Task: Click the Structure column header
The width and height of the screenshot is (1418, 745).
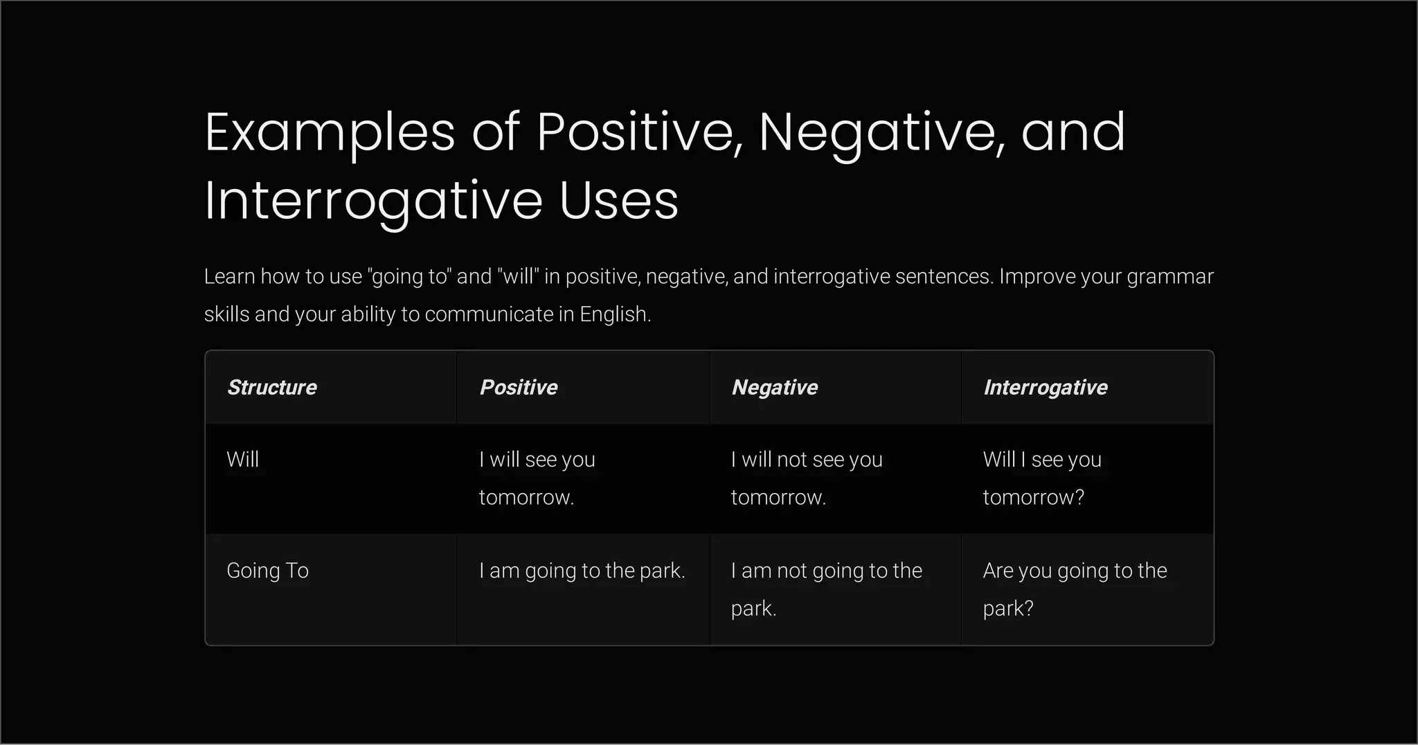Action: tap(272, 387)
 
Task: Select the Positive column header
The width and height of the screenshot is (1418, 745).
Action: tap(519, 387)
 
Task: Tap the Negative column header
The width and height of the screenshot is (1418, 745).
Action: tap(775, 387)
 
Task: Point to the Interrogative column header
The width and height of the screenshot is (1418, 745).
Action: tap(1045, 387)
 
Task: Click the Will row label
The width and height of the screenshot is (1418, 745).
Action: tap(243, 460)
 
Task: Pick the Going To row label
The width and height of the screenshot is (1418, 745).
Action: tap(268, 571)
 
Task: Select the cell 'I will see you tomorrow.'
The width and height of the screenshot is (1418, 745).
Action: tap(537, 478)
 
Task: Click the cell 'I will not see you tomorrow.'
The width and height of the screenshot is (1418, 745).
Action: tap(807, 478)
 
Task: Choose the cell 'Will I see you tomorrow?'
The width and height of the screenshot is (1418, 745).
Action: tap(1042, 478)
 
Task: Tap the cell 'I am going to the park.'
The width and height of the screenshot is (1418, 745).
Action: tap(582, 571)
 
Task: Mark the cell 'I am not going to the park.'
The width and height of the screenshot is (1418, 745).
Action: tap(827, 589)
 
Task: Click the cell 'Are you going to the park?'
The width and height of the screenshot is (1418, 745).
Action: tap(1075, 589)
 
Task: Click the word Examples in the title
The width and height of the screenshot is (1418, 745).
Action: tap(330, 132)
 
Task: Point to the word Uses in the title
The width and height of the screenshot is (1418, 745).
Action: tap(619, 201)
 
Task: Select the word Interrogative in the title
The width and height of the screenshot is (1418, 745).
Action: tap(374, 201)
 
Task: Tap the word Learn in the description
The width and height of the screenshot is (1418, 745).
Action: tap(229, 277)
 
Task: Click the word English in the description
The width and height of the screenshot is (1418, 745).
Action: tap(615, 314)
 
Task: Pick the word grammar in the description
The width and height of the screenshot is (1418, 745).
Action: tap(1169, 277)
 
